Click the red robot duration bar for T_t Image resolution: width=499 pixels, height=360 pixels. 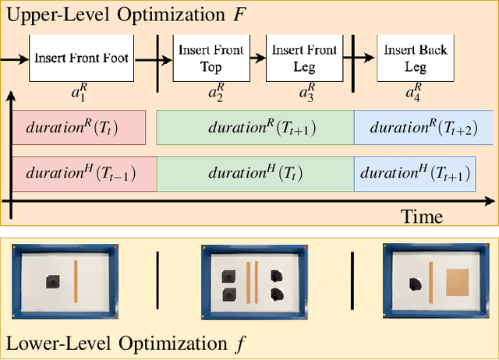[79, 127]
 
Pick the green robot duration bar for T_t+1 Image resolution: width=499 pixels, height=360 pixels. [255, 127]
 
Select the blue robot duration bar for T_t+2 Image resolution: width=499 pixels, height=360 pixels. [423, 127]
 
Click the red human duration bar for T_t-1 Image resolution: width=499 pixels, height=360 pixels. [83, 175]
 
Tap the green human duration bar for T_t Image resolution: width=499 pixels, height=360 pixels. [255, 175]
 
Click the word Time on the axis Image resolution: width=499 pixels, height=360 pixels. [422, 217]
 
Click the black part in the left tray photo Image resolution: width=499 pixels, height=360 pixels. [53, 281]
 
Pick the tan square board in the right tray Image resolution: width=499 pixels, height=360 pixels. [456, 284]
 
